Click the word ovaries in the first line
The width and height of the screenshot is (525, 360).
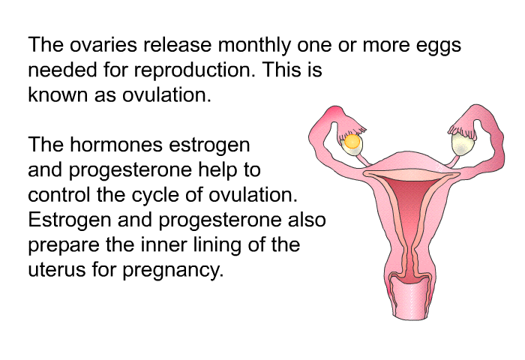pos(103,45)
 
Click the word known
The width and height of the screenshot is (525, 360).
pos(58,94)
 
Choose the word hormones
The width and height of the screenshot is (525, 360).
pos(116,145)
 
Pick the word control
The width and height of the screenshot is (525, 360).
pos(59,194)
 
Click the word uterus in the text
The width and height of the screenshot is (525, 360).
pos(56,270)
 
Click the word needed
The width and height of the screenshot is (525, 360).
pos(62,70)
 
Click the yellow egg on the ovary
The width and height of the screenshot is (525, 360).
pos(352,142)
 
